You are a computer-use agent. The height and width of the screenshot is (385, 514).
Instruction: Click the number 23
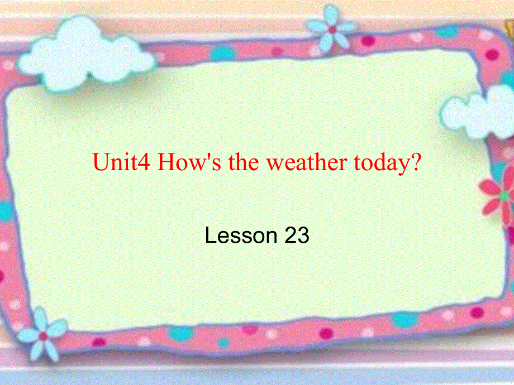point(297,236)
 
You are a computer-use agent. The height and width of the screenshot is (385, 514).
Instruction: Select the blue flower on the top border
point(332,27)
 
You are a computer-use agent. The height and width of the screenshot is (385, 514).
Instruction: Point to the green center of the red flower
point(505,196)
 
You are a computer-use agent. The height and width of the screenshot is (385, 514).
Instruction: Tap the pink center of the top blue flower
point(332,29)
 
